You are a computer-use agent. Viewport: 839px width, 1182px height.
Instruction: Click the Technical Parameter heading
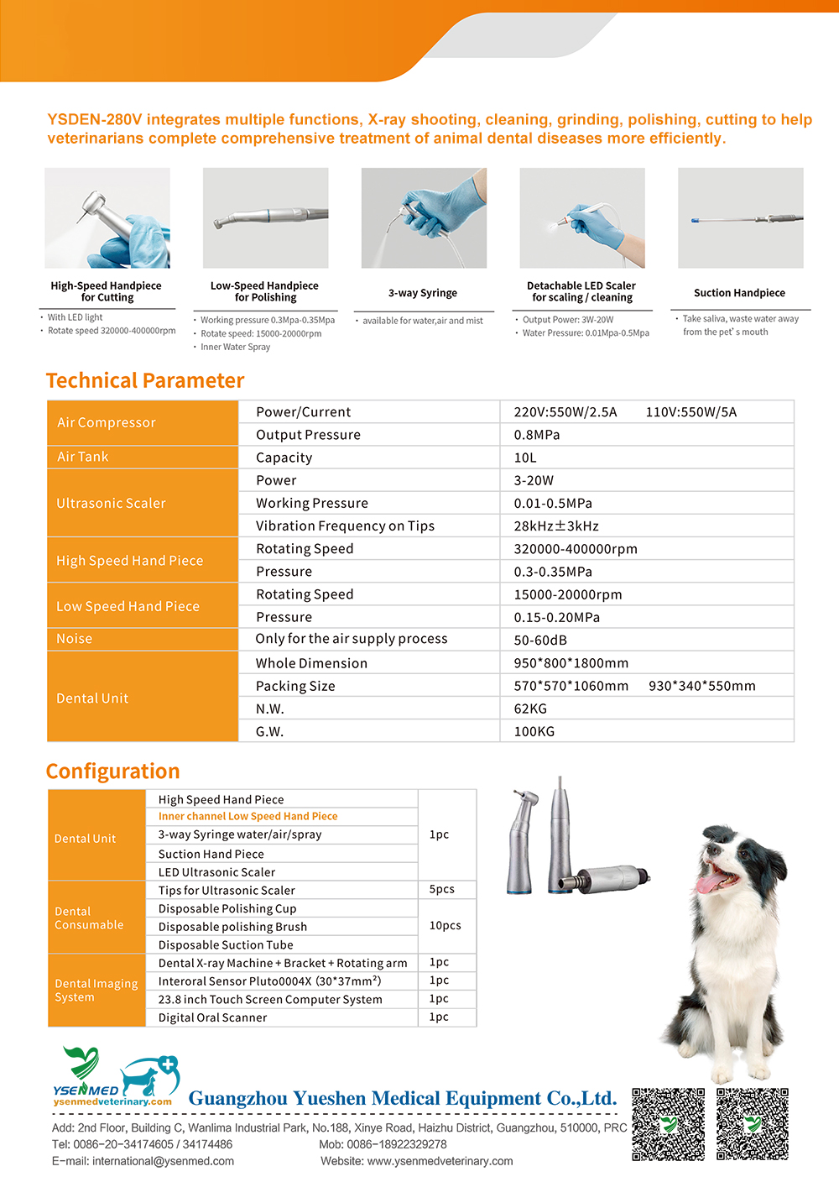point(145,381)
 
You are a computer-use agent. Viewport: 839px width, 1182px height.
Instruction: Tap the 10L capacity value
point(525,458)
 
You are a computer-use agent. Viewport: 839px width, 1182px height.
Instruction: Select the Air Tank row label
point(83,457)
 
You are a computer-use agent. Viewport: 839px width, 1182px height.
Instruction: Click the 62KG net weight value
point(530,709)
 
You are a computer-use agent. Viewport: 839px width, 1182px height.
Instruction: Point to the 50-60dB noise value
point(540,640)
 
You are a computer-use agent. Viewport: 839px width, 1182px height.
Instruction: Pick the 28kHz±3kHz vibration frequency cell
point(556,526)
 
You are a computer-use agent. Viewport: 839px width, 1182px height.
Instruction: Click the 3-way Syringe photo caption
point(423,293)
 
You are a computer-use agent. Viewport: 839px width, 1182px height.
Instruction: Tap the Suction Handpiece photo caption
point(739,293)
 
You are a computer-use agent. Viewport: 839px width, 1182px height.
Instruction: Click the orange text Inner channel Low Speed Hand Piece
point(248,816)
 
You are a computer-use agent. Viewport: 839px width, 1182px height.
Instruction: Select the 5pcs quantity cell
point(441,889)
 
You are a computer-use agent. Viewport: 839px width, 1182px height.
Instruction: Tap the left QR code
point(668,1124)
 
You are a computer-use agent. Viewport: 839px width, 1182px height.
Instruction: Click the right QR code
point(753,1124)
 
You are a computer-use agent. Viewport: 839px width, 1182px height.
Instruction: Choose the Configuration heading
point(113,771)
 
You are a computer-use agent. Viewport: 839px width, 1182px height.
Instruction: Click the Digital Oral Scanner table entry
point(212,1017)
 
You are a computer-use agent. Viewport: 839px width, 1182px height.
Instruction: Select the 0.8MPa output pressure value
point(537,435)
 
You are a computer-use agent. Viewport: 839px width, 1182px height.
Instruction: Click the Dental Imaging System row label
point(96,990)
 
